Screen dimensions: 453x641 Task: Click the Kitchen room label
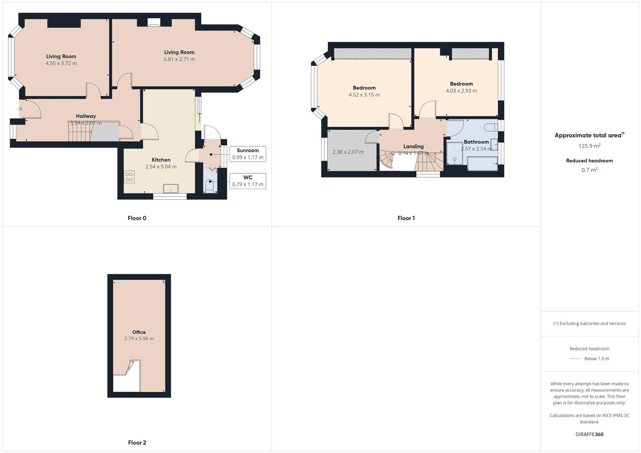point(161,160)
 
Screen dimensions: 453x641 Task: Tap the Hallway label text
point(86,116)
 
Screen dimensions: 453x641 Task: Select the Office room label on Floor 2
point(139,332)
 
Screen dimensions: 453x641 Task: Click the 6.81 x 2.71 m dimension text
point(179,59)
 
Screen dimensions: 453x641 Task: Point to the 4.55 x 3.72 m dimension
point(61,63)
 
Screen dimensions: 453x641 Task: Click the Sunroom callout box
point(248,154)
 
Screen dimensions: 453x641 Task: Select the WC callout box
point(248,181)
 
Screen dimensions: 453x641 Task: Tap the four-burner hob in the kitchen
point(129,177)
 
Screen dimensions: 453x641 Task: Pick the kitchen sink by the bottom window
point(171,189)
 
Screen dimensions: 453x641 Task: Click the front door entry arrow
point(20,109)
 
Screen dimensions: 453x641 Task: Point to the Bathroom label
point(476,142)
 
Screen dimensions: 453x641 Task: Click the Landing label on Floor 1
point(413,146)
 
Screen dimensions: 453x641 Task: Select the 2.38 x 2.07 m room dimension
point(348,152)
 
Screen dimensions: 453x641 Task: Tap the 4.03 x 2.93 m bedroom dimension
point(461,91)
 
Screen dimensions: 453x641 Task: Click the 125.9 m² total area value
point(589,146)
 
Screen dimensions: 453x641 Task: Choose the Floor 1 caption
point(406,218)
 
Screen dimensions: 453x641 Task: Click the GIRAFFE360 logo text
point(589,434)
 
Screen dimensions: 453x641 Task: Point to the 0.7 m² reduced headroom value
point(589,170)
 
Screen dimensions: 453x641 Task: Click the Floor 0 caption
point(137,218)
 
